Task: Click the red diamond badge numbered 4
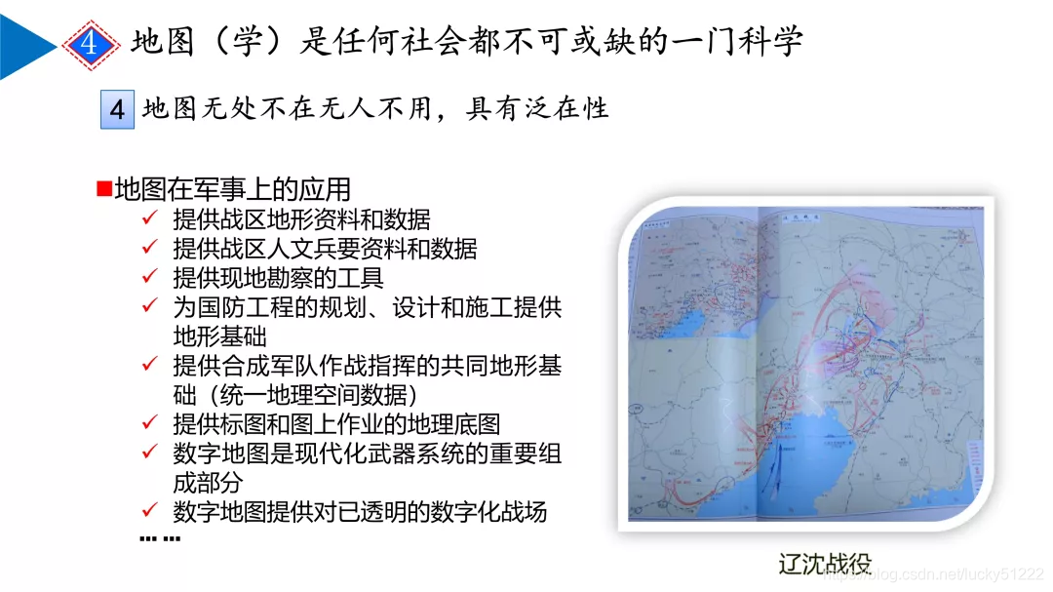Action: coord(90,44)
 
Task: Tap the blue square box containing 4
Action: coord(118,109)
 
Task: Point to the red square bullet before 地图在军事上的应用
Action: coord(103,187)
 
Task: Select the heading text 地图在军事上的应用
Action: coord(232,189)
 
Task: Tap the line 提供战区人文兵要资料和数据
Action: coord(325,248)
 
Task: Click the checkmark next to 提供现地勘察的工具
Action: coord(150,277)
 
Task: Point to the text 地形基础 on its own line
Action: coord(220,335)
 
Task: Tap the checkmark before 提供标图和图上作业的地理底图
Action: coord(150,423)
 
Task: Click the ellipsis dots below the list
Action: coord(160,538)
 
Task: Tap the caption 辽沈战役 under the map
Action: coord(825,563)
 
